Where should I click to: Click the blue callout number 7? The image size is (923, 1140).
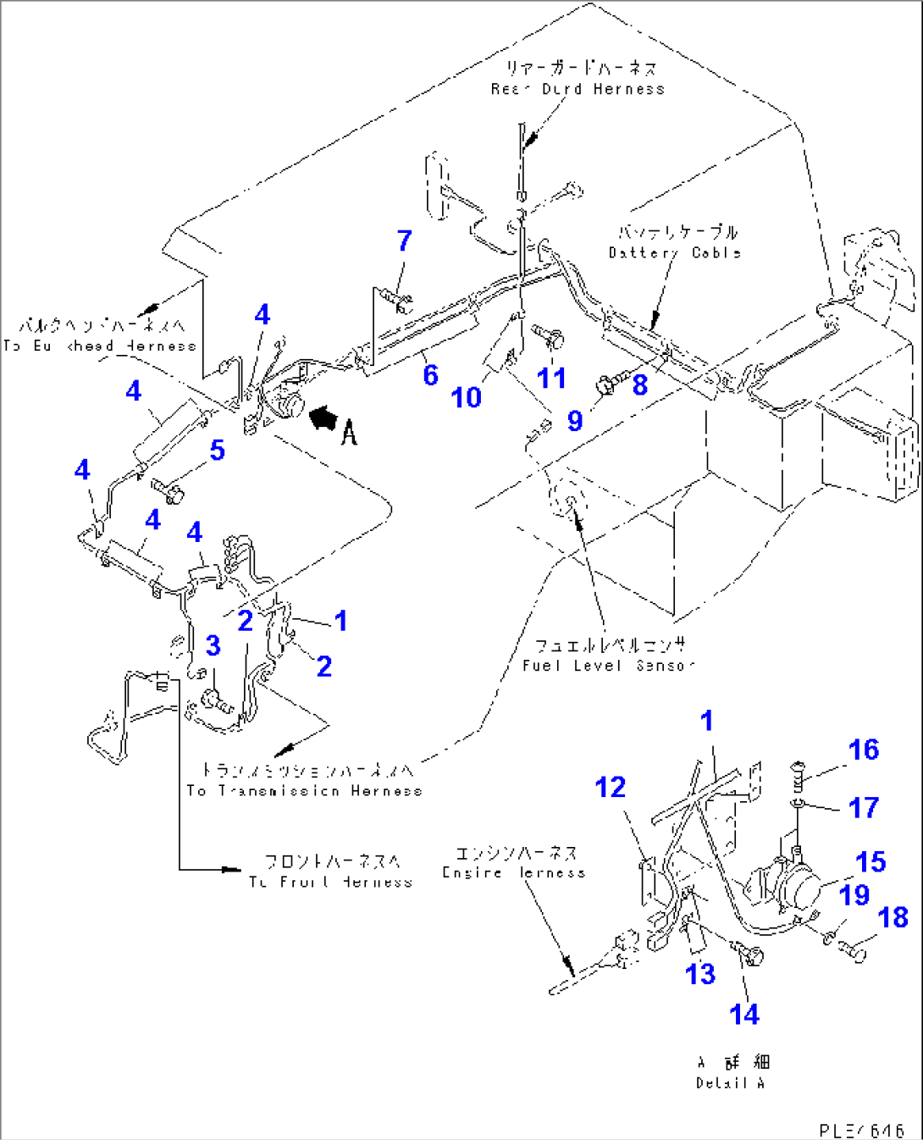[x=405, y=241]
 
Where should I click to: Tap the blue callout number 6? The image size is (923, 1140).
[x=430, y=375]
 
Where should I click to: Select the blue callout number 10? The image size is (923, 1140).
[x=466, y=397]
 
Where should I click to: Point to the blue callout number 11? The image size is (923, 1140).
[x=552, y=378]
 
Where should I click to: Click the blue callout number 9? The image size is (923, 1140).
[x=575, y=421]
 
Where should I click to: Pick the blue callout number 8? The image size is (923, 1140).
[x=640, y=385]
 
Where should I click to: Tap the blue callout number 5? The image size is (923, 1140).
[x=218, y=451]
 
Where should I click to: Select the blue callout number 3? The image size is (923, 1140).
[x=213, y=646]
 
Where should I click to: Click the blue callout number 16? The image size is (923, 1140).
[x=864, y=750]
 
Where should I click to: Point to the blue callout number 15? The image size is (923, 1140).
[x=870, y=862]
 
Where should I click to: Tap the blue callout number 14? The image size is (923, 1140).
[x=744, y=1014]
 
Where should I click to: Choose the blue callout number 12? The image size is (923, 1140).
[x=610, y=788]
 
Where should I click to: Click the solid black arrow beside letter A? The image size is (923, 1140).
[x=324, y=418]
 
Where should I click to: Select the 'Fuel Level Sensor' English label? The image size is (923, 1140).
[x=608, y=666]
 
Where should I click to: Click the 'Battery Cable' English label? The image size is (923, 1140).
[x=674, y=252]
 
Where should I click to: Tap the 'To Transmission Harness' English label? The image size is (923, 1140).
[x=304, y=790]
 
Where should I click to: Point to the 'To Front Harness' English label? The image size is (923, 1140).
[x=330, y=882]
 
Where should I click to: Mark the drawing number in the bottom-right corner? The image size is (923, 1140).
[x=861, y=1130]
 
